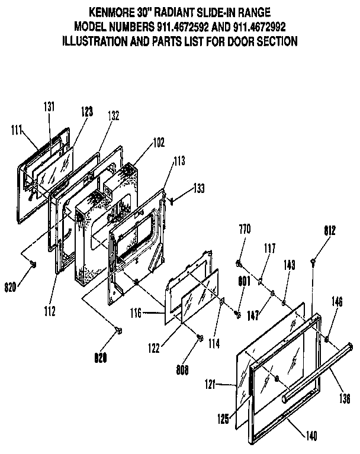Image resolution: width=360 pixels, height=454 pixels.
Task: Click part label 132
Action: tap(113, 117)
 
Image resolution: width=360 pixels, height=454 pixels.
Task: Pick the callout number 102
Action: tap(142, 142)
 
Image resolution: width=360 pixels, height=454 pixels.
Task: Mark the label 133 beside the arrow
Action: tap(201, 188)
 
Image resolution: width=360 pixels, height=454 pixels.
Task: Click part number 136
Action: tap(346, 398)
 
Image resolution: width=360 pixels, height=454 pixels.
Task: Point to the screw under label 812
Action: tap(313, 260)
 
